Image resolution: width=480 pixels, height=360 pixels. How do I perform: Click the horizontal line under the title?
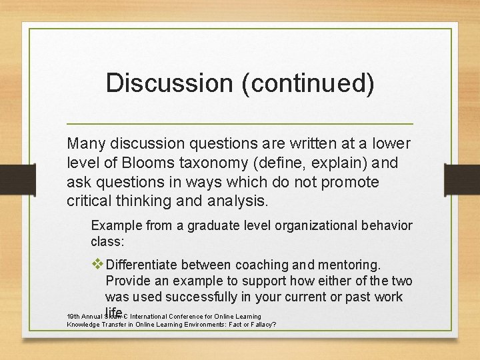[240, 124]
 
